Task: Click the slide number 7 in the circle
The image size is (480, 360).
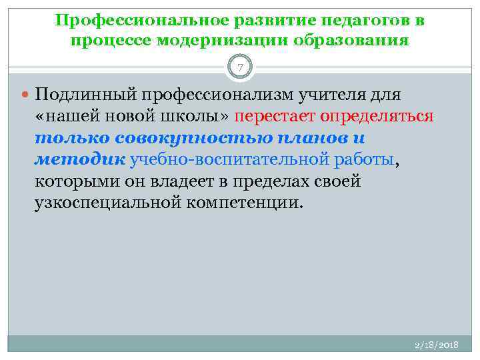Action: (240, 67)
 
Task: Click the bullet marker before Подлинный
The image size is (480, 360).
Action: (25, 95)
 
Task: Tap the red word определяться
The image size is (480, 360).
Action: (377, 117)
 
